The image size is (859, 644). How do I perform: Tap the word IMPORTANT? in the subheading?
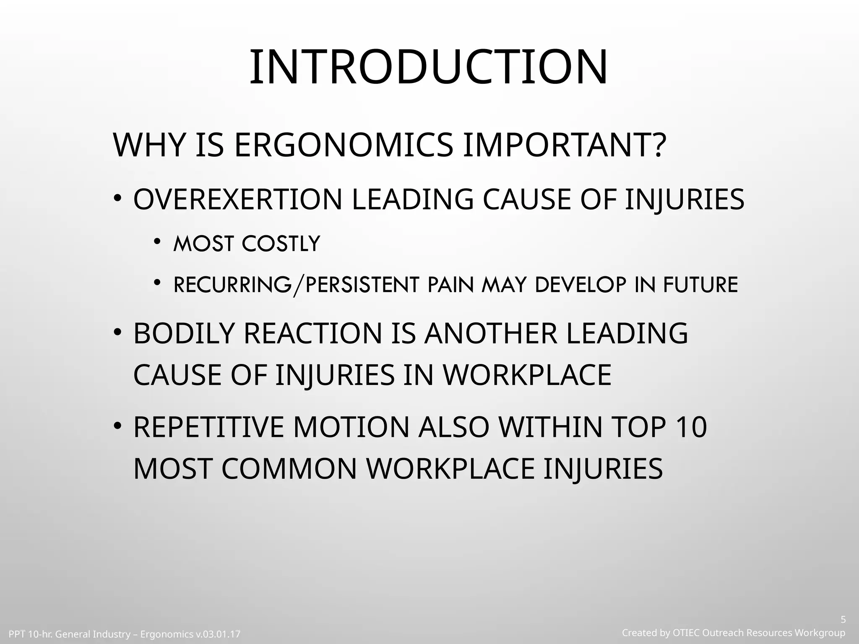[x=564, y=145]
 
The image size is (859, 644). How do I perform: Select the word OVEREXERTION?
[x=238, y=200]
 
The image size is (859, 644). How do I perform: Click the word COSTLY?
[x=281, y=244]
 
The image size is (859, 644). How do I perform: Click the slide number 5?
[x=843, y=620]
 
